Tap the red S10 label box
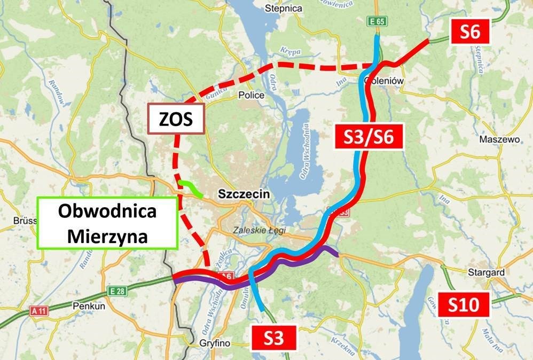click(460, 304)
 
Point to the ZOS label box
click(176, 120)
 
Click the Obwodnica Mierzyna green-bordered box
click(107, 223)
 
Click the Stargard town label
click(486, 272)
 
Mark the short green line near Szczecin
click(190, 188)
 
